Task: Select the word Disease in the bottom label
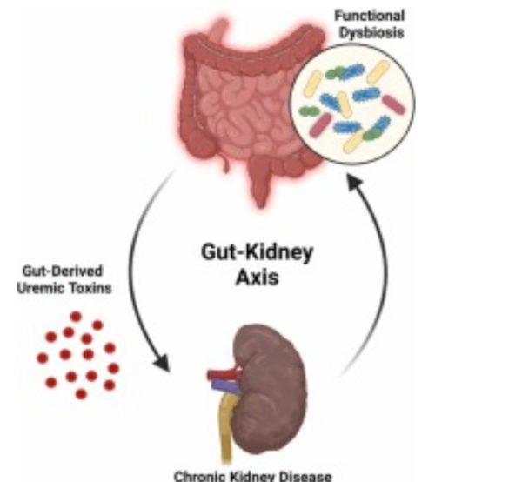(304, 476)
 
